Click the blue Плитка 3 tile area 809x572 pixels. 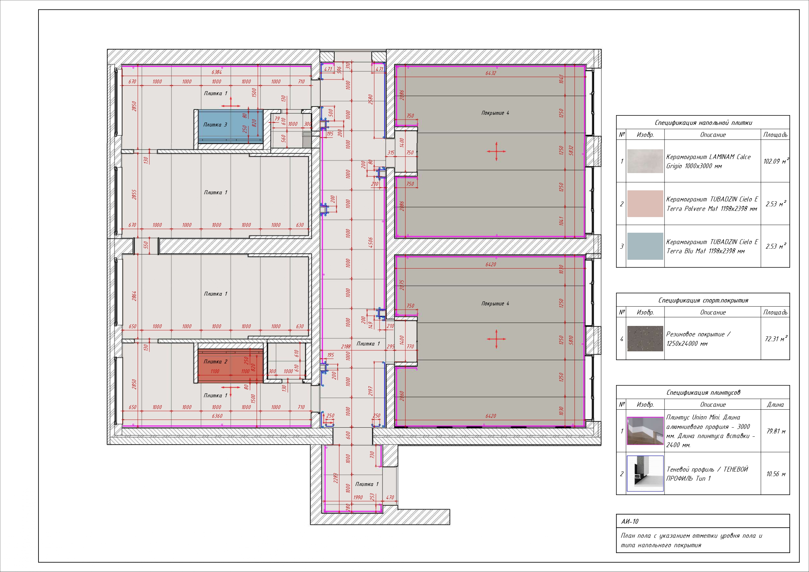(x=231, y=126)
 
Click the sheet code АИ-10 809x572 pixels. (x=630, y=521)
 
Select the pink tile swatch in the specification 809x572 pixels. (x=645, y=204)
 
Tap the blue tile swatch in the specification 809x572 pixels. (x=645, y=246)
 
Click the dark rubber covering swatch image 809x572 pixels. (x=645, y=339)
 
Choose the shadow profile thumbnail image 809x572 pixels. (x=645, y=473)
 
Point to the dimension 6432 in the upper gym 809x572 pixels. (x=491, y=73)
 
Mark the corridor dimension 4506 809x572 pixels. (x=371, y=242)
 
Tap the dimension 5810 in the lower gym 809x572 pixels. (x=571, y=340)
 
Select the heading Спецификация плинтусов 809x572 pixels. (x=703, y=392)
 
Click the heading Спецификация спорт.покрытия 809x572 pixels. (x=703, y=301)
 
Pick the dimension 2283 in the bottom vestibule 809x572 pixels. (x=336, y=478)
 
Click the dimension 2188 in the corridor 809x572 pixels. (x=346, y=346)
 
